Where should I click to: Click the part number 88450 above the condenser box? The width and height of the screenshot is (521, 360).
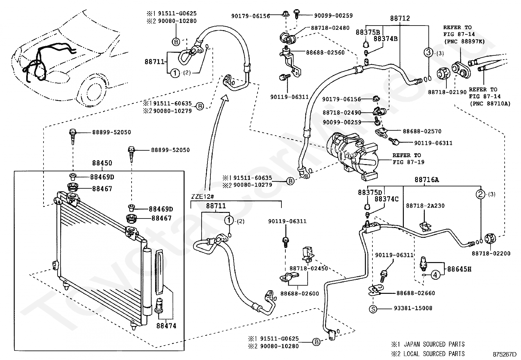(102, 163)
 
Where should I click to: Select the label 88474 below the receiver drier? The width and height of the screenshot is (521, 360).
(166, 326)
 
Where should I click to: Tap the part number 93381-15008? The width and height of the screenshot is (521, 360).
(413, 308)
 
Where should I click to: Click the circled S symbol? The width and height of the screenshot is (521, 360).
(373, 309)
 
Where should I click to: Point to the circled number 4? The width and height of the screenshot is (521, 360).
(435, 275)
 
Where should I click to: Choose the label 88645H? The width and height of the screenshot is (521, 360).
(459, 269)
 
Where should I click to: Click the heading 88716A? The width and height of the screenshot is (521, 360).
(427, 180)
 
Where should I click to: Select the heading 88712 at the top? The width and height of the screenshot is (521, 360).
(400, 18)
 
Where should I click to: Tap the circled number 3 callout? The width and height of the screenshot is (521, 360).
(428, 52)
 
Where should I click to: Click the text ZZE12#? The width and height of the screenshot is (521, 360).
(202, 197)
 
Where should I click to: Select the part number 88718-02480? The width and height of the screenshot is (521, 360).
(330, 28)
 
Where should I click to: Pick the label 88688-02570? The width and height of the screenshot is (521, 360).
(422, 131)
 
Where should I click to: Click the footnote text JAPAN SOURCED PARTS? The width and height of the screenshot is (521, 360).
(434, 344)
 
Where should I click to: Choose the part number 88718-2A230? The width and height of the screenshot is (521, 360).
(425, 206)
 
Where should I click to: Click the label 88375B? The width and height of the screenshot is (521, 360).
(368, 32)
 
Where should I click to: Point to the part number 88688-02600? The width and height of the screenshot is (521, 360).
(299, 294)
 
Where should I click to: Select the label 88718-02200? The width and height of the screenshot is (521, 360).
(491, 253)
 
